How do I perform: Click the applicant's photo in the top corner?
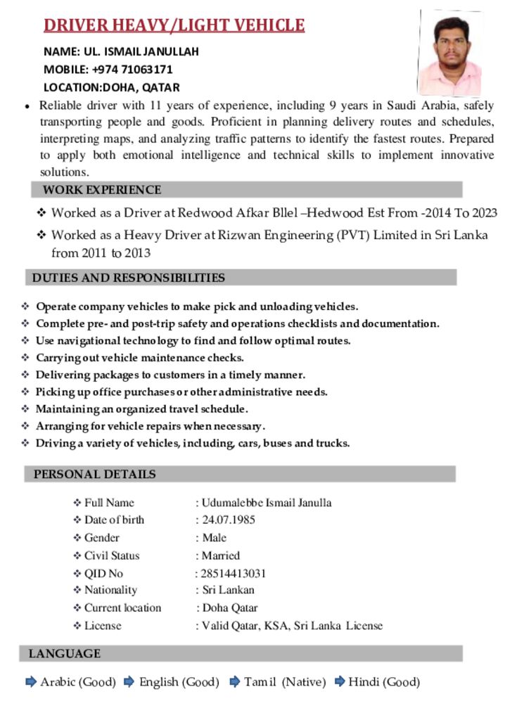[x=450, y=53]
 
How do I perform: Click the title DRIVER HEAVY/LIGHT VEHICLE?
[x=174, y=26]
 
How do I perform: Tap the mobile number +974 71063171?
[x=132, y=70]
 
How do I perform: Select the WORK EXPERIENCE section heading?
[x=102, y=190]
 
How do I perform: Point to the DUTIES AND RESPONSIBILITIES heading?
[x=129, y=278]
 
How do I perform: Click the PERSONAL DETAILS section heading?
[x=95, y=474]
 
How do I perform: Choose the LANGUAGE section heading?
[x=65, y=654]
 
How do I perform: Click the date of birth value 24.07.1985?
[x=229, y=520]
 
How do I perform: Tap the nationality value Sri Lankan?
[x=229, y=590]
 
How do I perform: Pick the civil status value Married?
[x=221, y=555]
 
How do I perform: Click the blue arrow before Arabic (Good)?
[x=31, y=681]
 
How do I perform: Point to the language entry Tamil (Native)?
[x=285, y=682]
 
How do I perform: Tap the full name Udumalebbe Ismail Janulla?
[x=267, y=503]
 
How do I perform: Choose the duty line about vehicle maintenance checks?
[x=140, y=358]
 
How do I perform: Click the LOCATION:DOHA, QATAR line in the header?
[x=112, y=88]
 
